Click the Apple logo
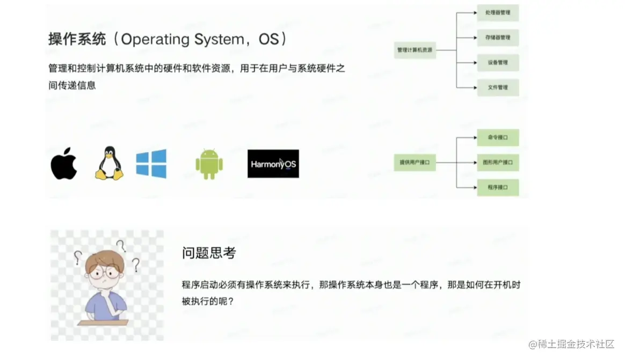pos(64,163)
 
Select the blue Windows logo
pos(151,163)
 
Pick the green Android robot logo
pos(209,164)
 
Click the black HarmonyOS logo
pos(273,164)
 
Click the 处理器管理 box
pos(498,12)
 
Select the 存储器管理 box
pos(498,38)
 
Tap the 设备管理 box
pos(498,62)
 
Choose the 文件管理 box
pos(498,87)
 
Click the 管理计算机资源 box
pos(415,50)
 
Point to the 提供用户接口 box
pos(415,162)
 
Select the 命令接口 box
pos(498,137)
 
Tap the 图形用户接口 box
pos(498,162)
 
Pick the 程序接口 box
pos(498,187)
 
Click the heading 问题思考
pos(209,253)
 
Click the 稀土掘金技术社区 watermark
pos(571,344)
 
